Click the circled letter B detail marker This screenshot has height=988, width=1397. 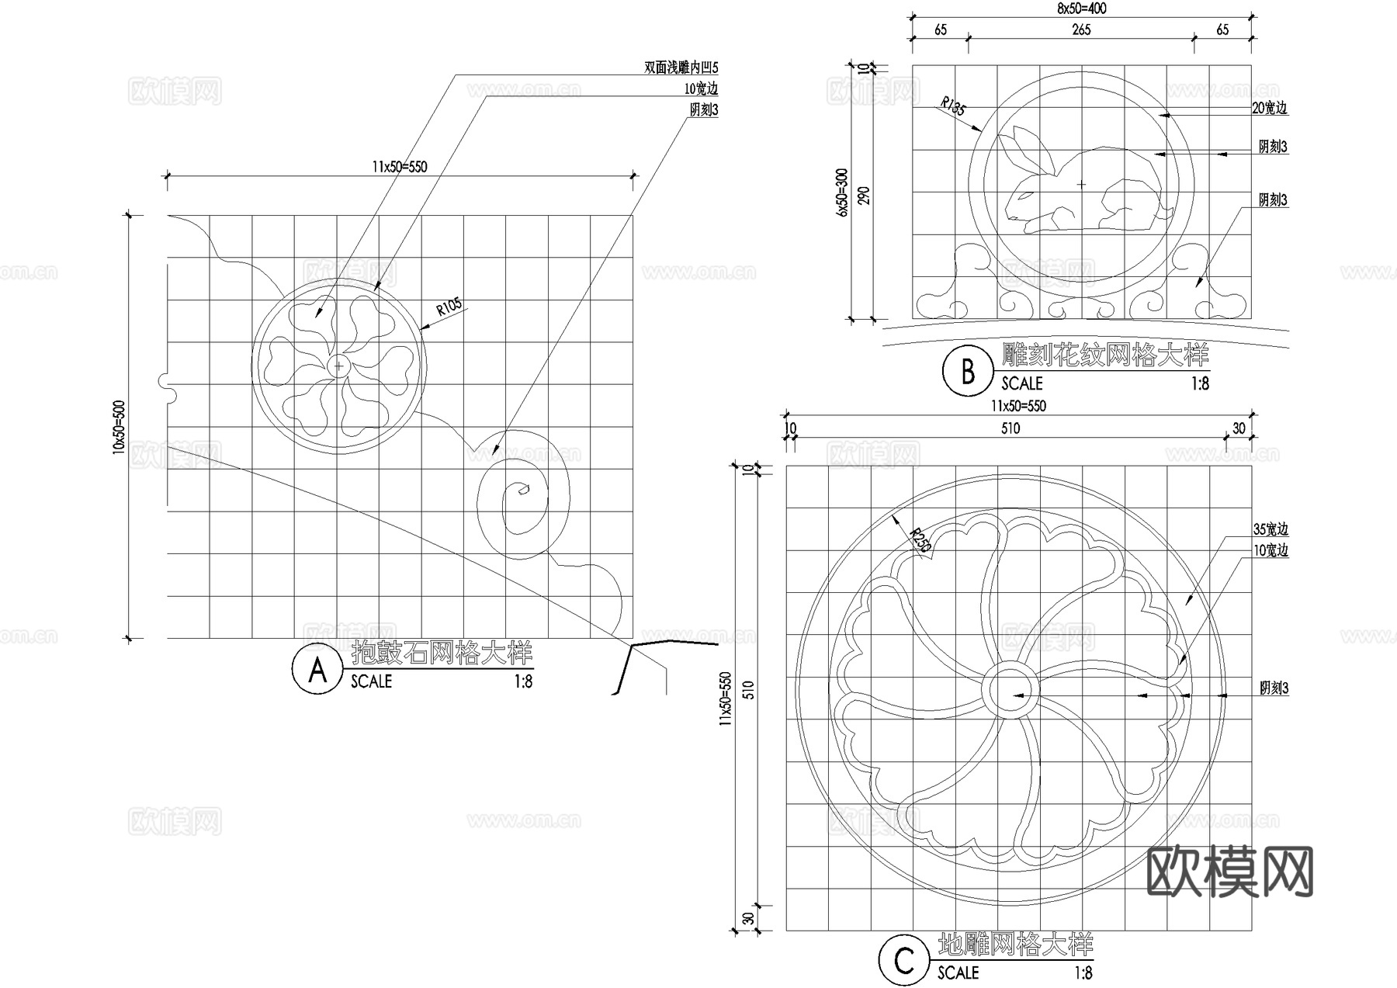967,373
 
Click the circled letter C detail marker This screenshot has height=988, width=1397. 904,962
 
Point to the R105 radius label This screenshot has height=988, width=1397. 449,307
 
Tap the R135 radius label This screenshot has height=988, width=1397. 953,107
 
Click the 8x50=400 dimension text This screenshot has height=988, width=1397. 1081,9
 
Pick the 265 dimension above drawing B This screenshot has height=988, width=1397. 1081,29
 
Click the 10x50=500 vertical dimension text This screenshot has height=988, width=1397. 119,427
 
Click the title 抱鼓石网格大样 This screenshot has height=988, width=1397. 442,653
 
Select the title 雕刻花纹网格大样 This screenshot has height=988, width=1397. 1105,355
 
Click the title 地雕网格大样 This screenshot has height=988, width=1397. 1015,945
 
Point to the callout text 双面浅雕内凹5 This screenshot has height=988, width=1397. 681,68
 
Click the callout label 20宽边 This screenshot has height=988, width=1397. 1270,109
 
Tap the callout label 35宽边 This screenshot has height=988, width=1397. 1270,530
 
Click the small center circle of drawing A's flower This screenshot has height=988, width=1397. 338,366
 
